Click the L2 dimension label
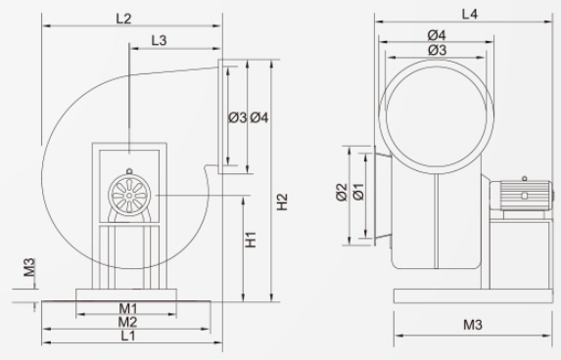(123, 19)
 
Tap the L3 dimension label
(159, 40)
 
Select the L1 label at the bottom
(128, 336)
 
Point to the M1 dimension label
(128, 308)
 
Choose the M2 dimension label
(127, 322)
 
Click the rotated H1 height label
(251, 240)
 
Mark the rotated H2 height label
(282, 202)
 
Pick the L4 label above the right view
(470, 14)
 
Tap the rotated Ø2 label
(342, 192)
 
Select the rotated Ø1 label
(358, 192)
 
